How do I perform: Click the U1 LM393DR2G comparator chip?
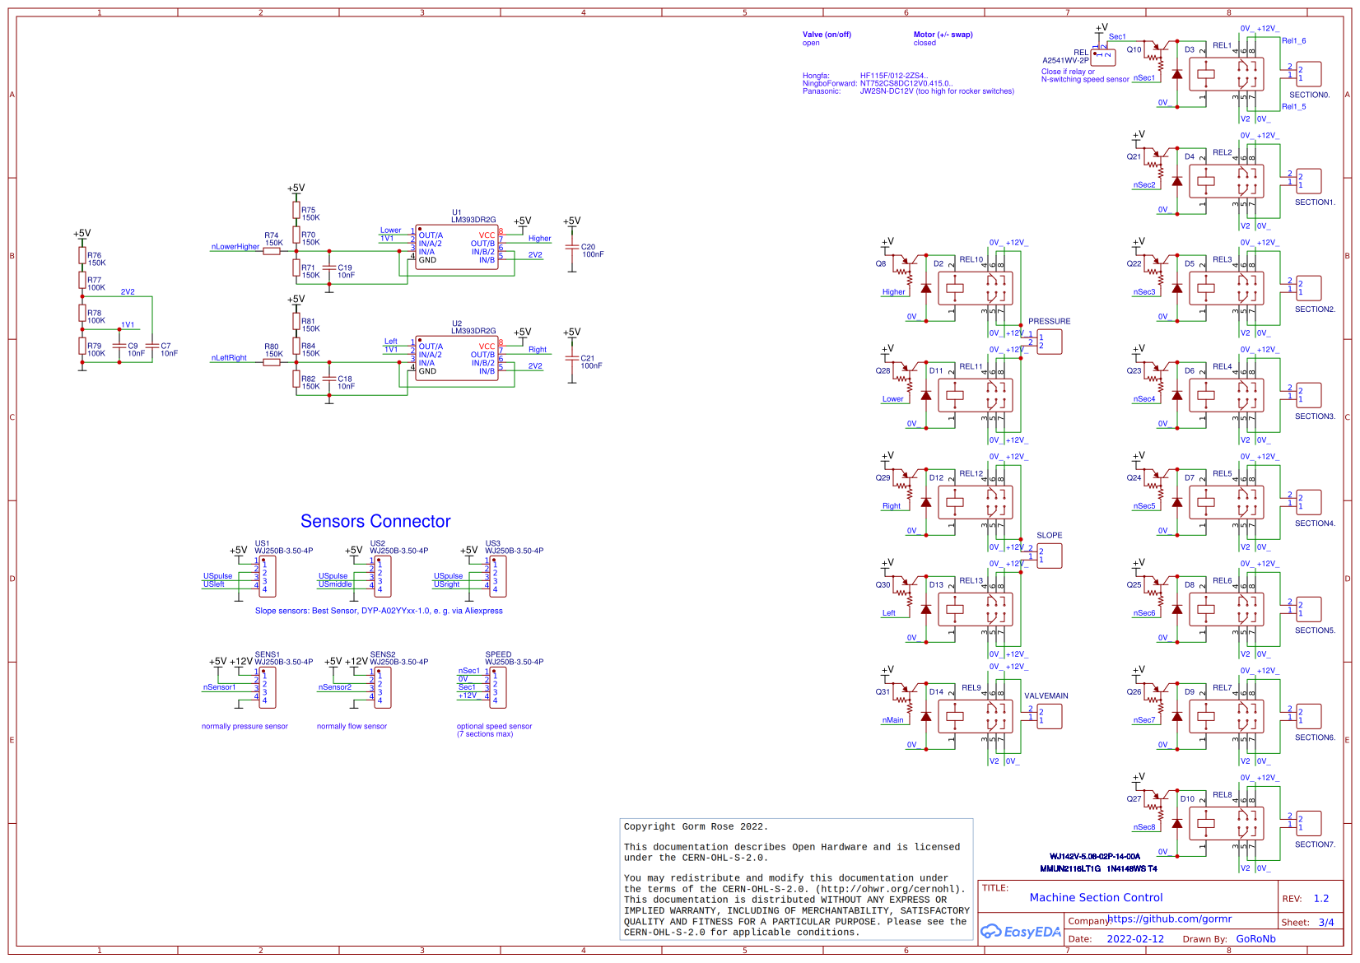tap(457, 247)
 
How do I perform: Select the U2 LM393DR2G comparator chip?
tap(457, 358)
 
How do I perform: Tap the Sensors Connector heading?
tap(375, 521)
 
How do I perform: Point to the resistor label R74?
tap(271, 235)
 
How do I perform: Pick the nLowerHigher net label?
tap(235, 246)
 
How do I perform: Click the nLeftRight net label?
tap(229, 357)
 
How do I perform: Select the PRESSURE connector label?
tap(1049, 321)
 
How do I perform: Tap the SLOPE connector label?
tap(1049, 535)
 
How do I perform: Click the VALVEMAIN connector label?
tap(1046, 695)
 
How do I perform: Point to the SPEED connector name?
tap(498, 654)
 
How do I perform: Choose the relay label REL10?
tap(971, 259)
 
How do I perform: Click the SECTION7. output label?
tap(1315, 844)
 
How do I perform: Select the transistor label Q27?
tap(1134, 798)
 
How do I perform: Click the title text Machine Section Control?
tap(1096, 897)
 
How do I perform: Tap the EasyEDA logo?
tap(1020, 932)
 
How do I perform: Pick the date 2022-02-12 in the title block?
tap(1135, 938)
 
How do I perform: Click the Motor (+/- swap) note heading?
tap(943, 35)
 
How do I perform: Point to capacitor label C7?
tap(165, 346)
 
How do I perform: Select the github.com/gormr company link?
tap(1169, 919)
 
